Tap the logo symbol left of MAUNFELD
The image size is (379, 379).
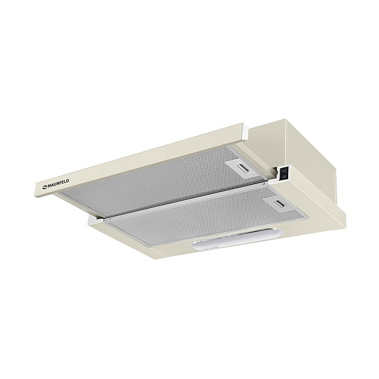click(x=45, y=187)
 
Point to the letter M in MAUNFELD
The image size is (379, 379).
click(x=49, y=186)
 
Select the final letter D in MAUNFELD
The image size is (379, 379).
click(x=68, y=181)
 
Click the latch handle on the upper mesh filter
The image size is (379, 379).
click(x=243, y=168)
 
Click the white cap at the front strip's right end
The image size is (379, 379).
click(x=245, y=131)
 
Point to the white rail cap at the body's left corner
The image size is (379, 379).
click(x=95, y=219)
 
